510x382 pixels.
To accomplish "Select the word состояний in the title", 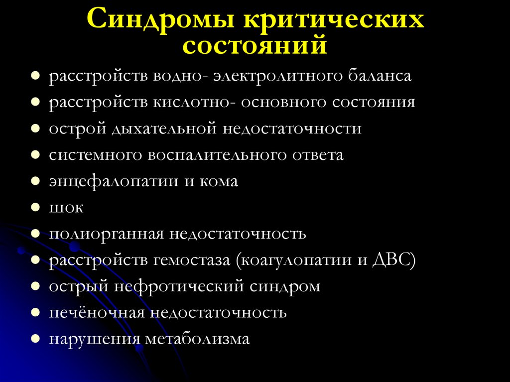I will tap(255, 46).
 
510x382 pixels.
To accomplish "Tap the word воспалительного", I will tap(217, 155).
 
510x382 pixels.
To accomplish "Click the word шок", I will tap(66, 208).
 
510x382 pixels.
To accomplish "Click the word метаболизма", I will tap(198, 340).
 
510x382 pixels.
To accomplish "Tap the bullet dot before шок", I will tap(36, 207).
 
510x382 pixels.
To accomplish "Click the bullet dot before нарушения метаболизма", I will tap(36, 339).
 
